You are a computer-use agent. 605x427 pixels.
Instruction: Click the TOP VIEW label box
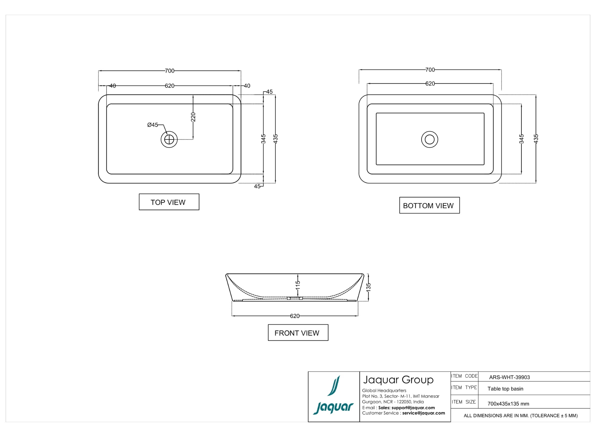coord(169,202)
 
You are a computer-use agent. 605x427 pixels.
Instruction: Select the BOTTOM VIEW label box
coord(429,205)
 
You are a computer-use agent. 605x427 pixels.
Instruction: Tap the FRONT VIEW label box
coord(298,333)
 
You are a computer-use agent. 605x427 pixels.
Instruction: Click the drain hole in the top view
coord(169,139)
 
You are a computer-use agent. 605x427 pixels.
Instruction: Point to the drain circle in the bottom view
coord(430,139)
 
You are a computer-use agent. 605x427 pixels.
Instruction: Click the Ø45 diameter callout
coord(153,125)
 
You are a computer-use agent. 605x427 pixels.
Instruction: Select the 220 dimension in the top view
coord(193,117)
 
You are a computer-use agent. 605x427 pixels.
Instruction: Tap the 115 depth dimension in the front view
coord(298,285)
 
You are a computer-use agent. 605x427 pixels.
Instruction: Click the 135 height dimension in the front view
coord(368,287)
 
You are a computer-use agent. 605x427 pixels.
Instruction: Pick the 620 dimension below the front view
coord(295,316)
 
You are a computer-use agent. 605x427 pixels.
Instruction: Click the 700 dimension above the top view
coord(170,71)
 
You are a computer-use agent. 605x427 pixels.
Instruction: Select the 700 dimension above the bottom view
coord(430,70)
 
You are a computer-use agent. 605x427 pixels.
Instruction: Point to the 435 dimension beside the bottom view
coord(536,139)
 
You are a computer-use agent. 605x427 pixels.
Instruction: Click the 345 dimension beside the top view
coord(263,139)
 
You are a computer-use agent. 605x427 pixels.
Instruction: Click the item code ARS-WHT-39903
coord(510,377)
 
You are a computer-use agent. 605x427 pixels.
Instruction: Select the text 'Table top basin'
coord(505,389)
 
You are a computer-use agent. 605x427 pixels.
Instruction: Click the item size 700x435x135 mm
coord(508,404)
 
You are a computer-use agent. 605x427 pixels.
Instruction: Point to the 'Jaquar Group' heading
coord(398,380)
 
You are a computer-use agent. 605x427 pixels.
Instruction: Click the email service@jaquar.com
coord(424,413)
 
